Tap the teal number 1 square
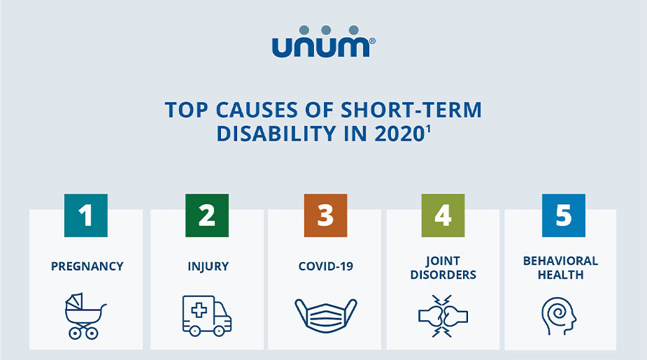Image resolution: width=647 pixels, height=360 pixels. coord(86,215)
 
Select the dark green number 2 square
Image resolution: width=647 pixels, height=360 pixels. coord(207,215)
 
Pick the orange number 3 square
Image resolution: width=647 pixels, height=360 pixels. coord(325,215)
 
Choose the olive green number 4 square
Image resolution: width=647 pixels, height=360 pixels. coord(443,215)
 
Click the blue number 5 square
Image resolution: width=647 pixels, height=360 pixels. coord(563,215)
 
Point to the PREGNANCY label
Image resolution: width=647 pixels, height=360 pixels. coord(87,266)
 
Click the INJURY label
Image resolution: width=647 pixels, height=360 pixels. coord(208,266)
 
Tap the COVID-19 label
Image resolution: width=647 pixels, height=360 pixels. coord(325,266)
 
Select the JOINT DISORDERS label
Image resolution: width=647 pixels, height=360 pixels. coord(443,268)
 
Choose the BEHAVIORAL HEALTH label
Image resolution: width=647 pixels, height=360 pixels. coord(560,268)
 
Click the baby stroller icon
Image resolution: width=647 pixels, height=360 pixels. coord(85,316)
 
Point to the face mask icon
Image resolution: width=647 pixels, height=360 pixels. coord(325,315)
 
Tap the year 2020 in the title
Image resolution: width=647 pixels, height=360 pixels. coord(392,134)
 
